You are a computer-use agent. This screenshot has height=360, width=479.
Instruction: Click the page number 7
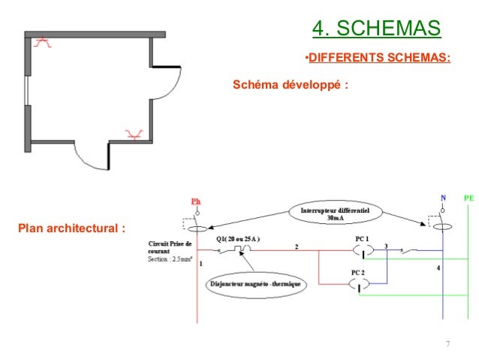448,344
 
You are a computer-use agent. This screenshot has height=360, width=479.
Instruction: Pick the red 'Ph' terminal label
196,201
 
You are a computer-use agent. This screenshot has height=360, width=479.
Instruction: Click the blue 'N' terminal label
442,197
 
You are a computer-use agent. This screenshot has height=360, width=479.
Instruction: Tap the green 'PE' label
469,197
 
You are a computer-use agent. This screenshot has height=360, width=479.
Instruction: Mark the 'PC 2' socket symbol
360,283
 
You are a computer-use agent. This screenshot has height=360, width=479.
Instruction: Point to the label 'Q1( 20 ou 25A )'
238,240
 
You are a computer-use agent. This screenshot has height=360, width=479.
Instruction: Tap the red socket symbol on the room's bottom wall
135,135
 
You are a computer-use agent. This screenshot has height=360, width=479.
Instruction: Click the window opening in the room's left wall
28,91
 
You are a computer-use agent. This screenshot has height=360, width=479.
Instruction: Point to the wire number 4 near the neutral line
438,268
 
